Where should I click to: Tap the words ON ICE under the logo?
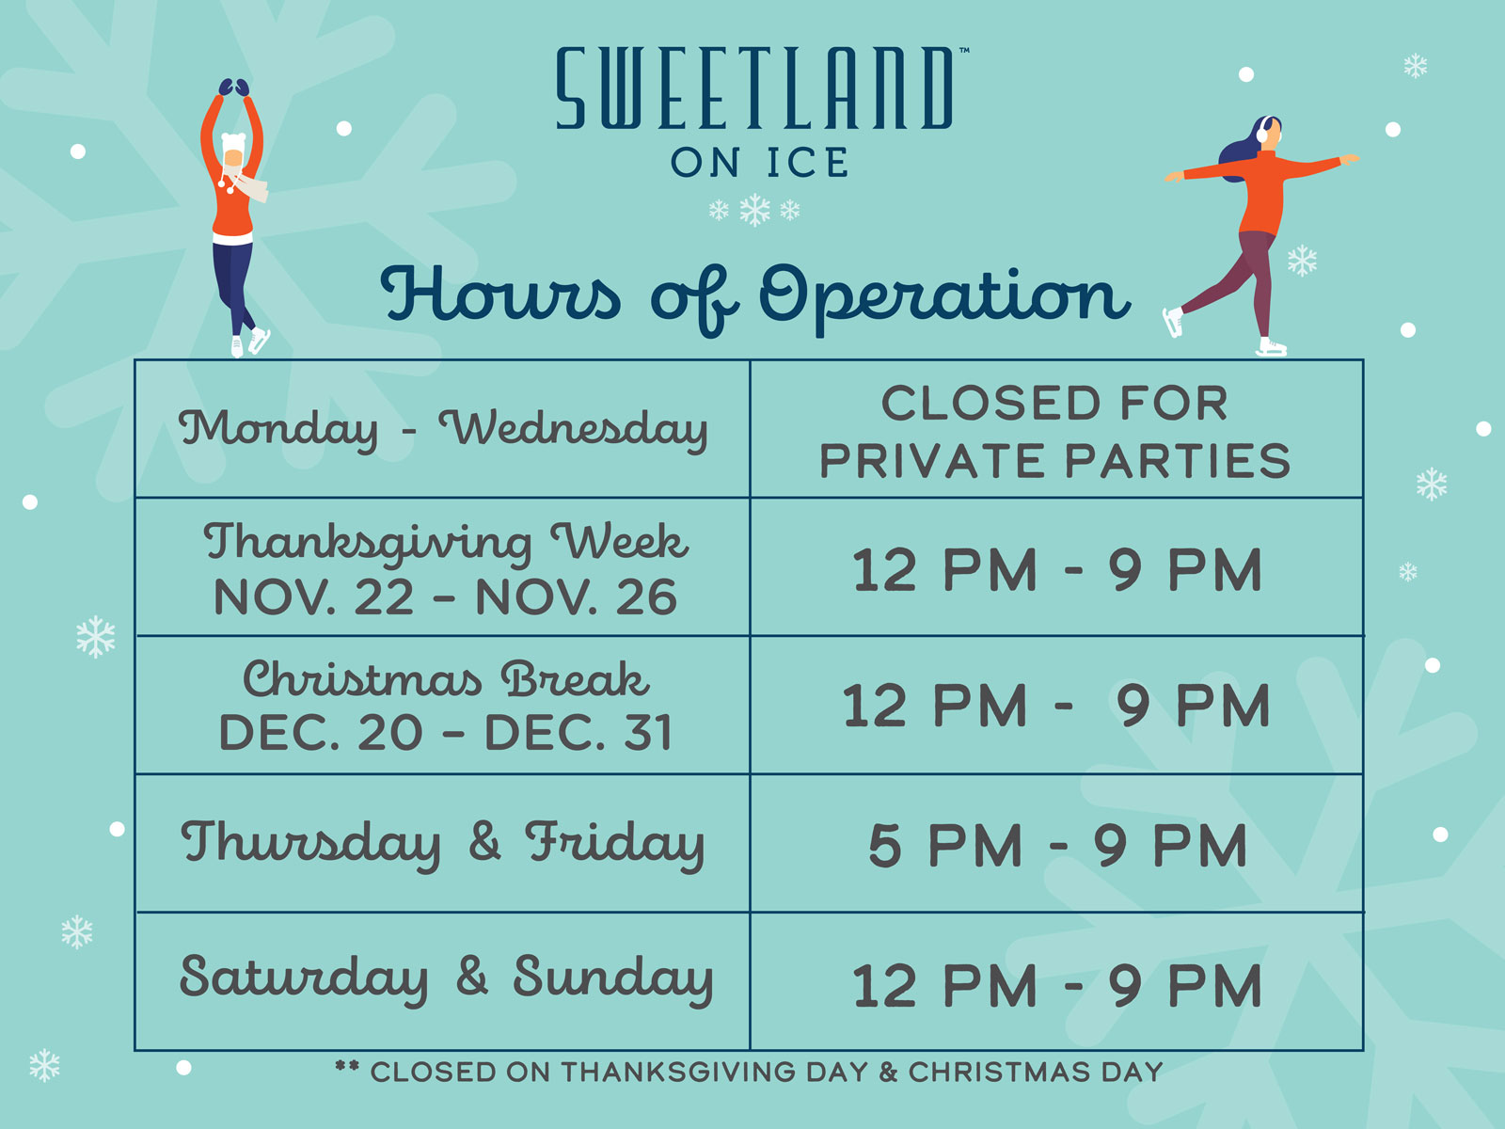coord(760,163)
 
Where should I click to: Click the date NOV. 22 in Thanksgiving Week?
coord(314,597)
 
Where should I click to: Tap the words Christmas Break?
coord(446,679)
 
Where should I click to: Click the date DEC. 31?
coord(578,732)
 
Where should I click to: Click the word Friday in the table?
coord(615,845)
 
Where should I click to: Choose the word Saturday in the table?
coord(304,978)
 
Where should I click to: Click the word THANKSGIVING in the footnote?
coord(679,1073)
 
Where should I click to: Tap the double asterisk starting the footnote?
coord(347,1066)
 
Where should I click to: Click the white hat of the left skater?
coord(233,143)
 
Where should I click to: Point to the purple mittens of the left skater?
coord(234,87)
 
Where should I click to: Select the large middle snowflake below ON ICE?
coord(755,210)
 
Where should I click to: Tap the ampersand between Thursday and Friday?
coord(484,841)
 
